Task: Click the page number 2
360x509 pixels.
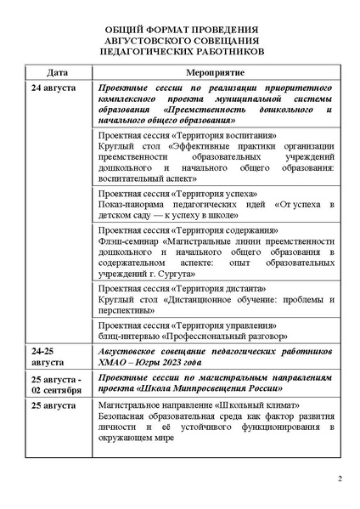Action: point(340,478)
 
